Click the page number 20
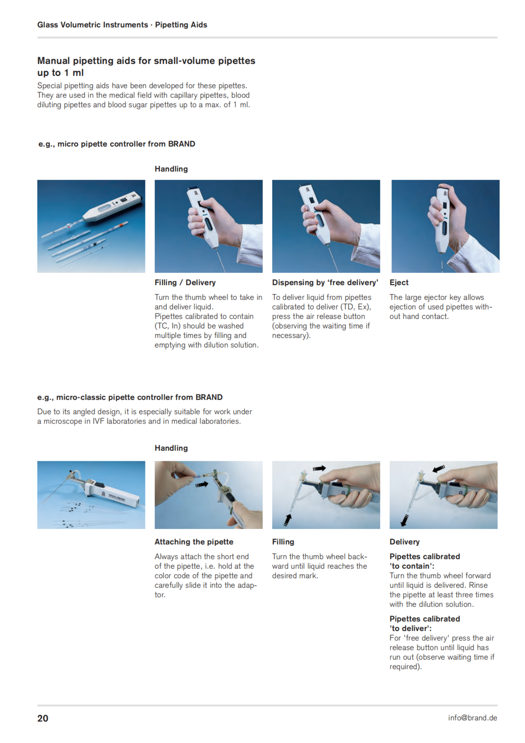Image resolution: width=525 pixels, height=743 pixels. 43,718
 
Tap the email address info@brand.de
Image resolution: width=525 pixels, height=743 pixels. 472,718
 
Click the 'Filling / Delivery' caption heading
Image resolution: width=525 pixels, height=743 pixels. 185,282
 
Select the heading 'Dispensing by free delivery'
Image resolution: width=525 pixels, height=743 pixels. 325,282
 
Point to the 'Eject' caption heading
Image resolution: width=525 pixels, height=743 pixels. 399,282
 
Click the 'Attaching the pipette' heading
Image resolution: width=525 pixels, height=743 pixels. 193,542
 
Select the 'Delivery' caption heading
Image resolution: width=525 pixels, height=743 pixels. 404,542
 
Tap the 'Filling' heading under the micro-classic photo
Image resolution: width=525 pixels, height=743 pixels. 283,542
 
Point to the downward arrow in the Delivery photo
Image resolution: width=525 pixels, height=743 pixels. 404,521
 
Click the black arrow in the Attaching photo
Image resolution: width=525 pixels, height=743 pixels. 201,484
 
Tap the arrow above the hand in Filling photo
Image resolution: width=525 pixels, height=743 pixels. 319,468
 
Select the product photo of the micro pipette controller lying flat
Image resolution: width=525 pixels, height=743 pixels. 91,226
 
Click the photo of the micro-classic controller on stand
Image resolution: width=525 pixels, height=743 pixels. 91,495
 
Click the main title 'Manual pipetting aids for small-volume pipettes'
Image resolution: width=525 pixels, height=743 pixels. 146,61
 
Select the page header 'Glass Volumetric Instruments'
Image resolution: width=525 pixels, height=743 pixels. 93,25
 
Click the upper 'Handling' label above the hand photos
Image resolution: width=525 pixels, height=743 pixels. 171,169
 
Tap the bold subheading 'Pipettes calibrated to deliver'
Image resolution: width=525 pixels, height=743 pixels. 425,624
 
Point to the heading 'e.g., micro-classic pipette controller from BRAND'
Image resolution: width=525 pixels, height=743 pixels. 130,397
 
